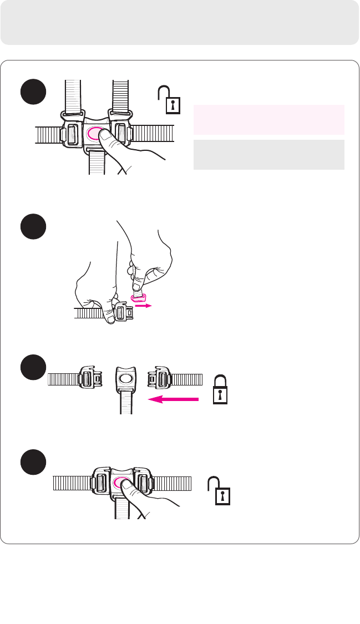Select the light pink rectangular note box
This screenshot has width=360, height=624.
268,119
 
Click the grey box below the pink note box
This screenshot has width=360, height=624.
268,155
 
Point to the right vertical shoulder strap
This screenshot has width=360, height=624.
121,97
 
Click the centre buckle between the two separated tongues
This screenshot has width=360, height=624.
126,379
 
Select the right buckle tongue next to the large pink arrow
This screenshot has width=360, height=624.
160,378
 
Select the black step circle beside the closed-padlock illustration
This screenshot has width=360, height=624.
33,368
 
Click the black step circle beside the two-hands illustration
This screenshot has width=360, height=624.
33,227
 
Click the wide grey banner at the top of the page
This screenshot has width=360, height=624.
180,22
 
